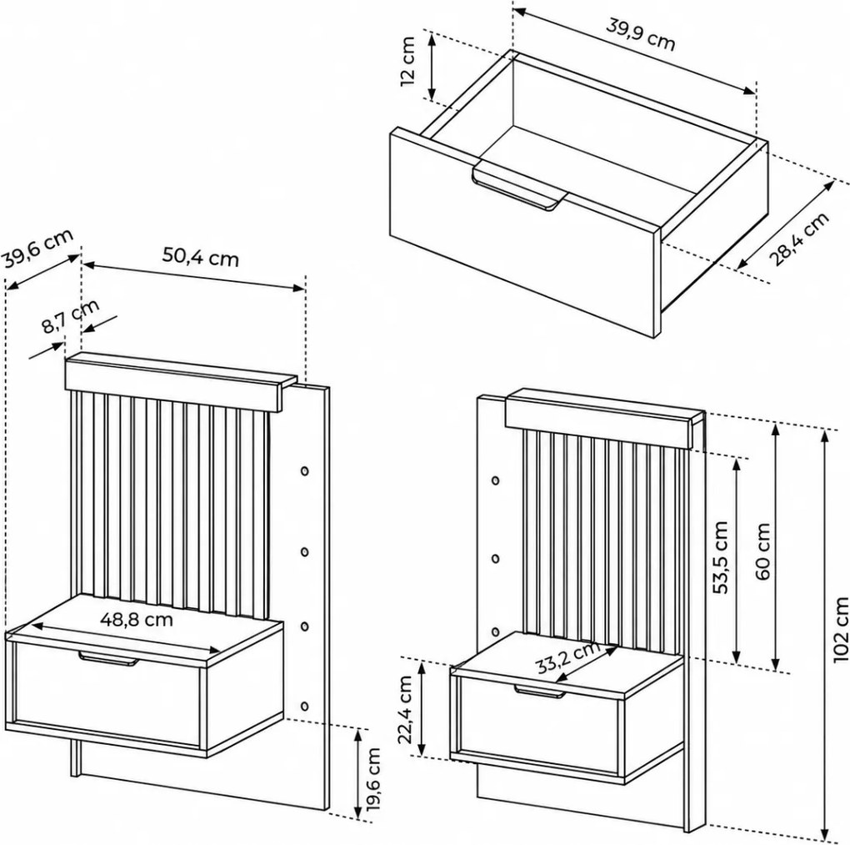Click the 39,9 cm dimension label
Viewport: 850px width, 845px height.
640,35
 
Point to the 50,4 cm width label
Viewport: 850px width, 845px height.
201,257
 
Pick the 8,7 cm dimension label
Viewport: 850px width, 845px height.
71,316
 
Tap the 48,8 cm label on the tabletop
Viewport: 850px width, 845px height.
137,619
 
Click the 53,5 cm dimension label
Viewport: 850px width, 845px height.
721,557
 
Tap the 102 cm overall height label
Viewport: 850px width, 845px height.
841,630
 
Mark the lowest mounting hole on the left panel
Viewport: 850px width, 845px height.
305,706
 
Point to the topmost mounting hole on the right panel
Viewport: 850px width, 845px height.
496,480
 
